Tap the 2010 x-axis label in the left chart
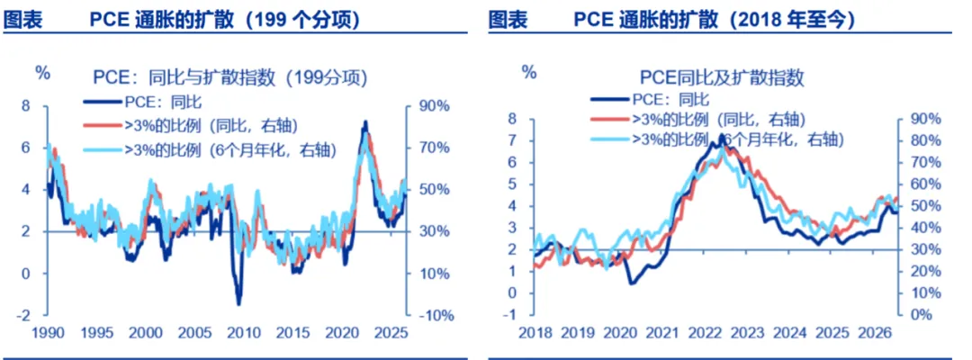pyautogui.click(x=238, y=332)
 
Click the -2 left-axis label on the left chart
pyautogui.click(x=25, y=315)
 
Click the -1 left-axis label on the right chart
pyautogui.click(x=511, y=314)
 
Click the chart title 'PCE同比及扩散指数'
pyautogui.click(x=722, y=77)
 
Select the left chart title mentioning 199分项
pyautogui.click(x=229, y=78)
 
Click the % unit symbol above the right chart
pyautogui.click(x=529, y=71)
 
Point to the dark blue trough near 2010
pyautogui.click(x=238, y=304)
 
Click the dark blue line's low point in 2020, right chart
pyautogui.click(x=631, y=283)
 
